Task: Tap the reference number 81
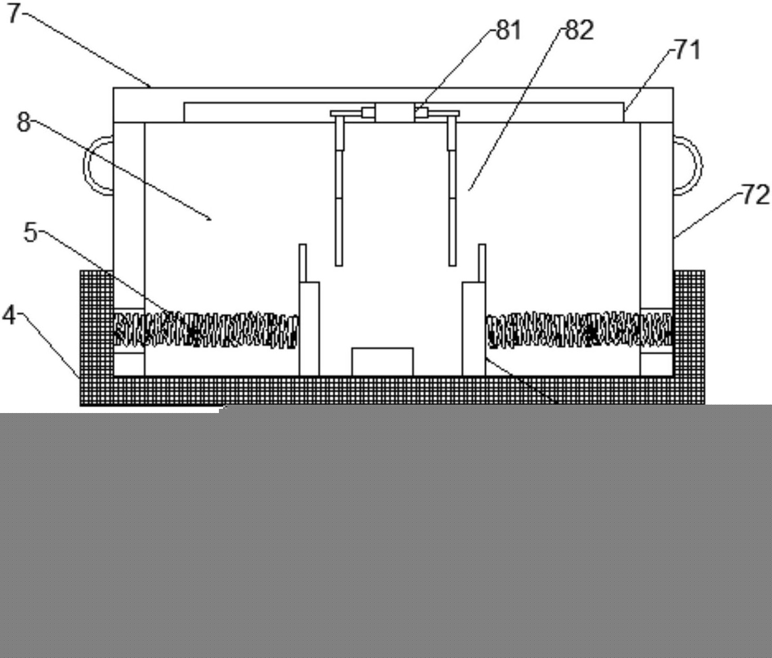click(508, 30)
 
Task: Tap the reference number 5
click(31, 232)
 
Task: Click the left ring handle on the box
click(88, 165)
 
